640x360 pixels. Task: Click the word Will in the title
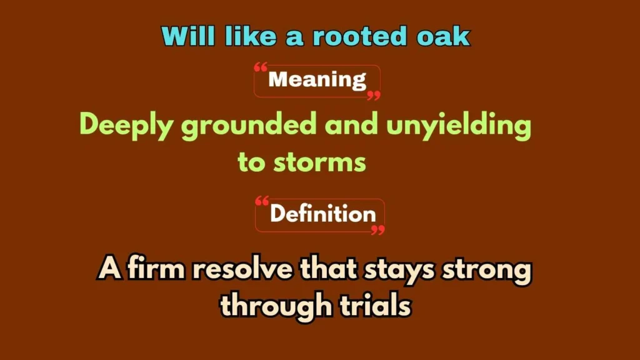coord(188,36)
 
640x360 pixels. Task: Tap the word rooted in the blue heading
coord(360,36)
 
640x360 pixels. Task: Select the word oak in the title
coord(444,36)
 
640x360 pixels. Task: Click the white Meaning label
coord(317,79)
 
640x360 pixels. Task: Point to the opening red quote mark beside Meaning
coord(261,67)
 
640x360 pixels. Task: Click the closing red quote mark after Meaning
coord(374,96)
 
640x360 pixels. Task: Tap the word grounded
coord(249,126)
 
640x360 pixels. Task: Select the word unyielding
coord(459,126)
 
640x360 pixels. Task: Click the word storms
coord(319,162)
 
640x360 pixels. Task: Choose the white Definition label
coord(323,214)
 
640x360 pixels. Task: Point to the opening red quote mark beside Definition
coord(262,201)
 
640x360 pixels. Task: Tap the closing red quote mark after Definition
coord(378,230)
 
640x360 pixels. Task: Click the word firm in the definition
coord(156,269)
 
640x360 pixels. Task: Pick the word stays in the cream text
coord(399,270)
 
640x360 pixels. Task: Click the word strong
coord(487,270)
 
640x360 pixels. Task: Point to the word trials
coord(375,305)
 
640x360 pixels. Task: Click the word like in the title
coord(251,36)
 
